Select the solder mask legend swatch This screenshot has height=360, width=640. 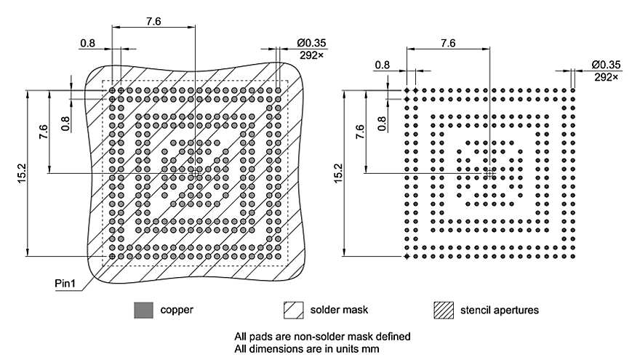292,311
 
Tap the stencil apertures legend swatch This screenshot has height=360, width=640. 442,311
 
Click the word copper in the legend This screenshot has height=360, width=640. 177,311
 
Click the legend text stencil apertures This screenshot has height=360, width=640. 500,311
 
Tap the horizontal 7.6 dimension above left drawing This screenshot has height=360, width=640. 153,22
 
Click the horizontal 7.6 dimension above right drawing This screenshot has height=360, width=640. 448,43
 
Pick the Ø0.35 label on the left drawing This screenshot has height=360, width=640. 313,43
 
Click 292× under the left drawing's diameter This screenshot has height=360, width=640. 313,54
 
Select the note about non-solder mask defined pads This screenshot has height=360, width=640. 322,337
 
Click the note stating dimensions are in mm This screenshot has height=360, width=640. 307,348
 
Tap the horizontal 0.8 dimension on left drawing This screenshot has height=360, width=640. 88,43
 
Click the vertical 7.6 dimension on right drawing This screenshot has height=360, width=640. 361,132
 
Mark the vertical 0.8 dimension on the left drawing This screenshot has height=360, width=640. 66,121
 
